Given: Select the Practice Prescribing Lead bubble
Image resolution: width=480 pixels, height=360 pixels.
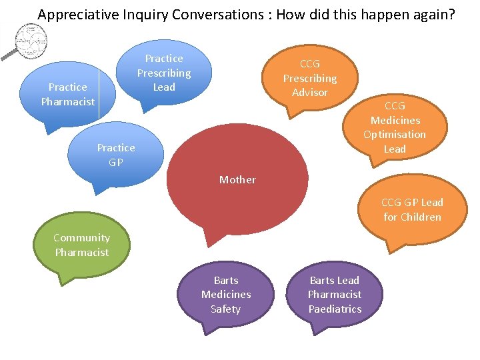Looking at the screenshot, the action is [x=164, y=73].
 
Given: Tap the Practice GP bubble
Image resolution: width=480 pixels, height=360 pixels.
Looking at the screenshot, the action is [x=115, y=155].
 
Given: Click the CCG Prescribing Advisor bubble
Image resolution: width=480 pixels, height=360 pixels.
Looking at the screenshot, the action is [x=309, y=78].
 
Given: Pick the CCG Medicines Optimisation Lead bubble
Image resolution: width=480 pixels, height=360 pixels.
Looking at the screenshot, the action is [x=395, y=127].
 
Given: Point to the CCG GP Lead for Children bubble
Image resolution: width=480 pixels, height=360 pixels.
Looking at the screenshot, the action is [x=412, y=209].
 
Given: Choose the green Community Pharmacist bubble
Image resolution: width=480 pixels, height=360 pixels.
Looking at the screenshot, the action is [x=81, y=245].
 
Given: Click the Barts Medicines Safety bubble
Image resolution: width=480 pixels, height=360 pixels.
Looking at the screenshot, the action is [x=226, y=295].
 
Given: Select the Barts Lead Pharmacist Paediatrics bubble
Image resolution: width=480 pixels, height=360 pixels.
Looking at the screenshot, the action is [x=335, y=295].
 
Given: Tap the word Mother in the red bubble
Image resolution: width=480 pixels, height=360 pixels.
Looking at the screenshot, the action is [x=237, y=179].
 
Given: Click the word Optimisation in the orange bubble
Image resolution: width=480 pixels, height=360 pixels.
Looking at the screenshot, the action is [x=395, y=135].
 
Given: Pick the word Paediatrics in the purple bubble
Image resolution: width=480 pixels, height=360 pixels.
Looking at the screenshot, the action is [x=335, y=309].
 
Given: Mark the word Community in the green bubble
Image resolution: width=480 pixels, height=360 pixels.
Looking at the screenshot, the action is [x=81, y=238].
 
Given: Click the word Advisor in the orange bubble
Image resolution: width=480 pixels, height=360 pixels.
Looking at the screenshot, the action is [x=309, y=93].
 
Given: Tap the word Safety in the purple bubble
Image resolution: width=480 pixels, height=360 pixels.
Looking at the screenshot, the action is [x=226, y=309].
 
